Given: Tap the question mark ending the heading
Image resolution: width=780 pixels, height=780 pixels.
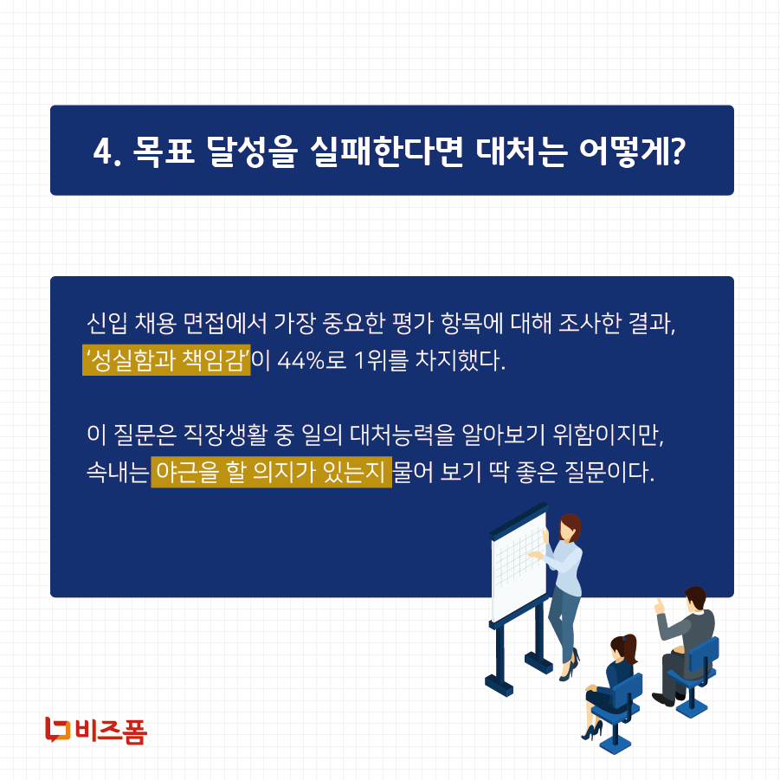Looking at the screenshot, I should click(x=678, y=152).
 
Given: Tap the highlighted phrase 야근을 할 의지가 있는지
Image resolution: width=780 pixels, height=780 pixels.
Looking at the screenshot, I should click(x=271, y=473).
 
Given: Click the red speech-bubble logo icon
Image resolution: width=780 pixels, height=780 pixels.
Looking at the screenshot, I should click(x=57, y=730).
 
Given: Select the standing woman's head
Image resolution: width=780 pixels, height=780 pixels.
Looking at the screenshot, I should click(x=570, y=525).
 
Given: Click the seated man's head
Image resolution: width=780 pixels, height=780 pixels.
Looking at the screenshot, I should click(x=694, y=599).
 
